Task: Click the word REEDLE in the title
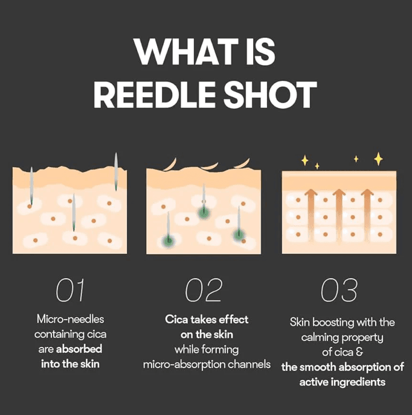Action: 154,95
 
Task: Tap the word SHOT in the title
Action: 270,95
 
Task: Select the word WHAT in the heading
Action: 186,51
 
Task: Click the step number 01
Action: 70,290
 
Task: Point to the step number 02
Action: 204,290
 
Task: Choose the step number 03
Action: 339,290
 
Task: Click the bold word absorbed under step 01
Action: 79,349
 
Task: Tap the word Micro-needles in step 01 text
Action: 70,319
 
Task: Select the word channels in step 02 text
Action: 249,364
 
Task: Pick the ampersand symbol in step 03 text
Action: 359,352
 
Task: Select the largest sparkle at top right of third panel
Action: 378,159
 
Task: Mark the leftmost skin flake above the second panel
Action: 170,165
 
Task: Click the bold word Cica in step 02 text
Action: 176,319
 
